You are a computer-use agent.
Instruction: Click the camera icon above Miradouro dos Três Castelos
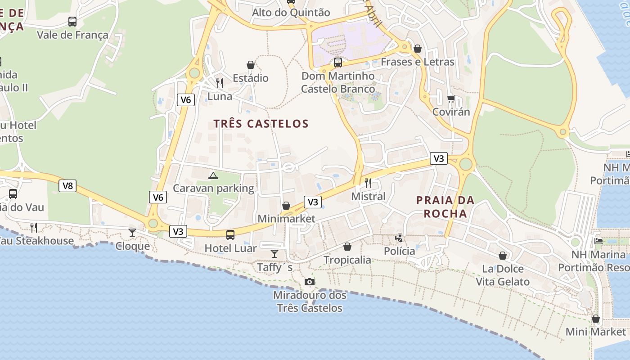click(x=309, y=282)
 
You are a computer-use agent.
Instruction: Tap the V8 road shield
click(x=67, y=185)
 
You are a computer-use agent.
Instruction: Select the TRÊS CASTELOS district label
click(x=261, y=124)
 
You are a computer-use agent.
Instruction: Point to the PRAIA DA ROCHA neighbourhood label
click(x=445, y=207)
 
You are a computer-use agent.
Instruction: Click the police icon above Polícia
click(x=399, y=238)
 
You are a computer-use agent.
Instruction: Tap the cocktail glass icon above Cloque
click(x=132, y=232)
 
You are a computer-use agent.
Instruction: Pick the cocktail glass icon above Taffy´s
click(x=274, y=253)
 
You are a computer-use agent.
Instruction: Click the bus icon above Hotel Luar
click(x=230, y=234)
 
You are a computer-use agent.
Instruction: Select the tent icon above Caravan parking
click(x=213, y=175)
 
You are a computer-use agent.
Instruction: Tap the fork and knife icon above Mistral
click(x=368, y=183)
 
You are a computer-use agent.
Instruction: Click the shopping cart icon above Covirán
click(x=451, y=99)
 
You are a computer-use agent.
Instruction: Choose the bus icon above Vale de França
click(x=72, y=21)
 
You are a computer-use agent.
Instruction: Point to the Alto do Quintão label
click(x=291, y=12)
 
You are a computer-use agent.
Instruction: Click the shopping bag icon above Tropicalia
click(x=347, y=247)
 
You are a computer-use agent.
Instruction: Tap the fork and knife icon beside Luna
click(x=220, y=83)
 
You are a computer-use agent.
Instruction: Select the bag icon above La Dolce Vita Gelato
click(x=503, y=256)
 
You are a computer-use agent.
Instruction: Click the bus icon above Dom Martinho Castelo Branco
click(x=338, y=63)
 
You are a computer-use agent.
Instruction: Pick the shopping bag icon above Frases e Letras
click(x=418, y=48)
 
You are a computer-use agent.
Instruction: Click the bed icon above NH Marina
click(x=598, y=241)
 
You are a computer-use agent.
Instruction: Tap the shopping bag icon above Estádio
click(x=251, y=65)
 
